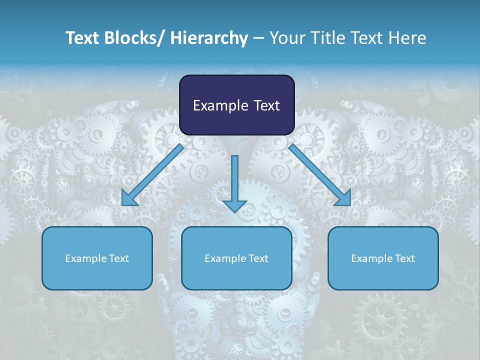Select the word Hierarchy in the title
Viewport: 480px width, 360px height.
(x=209, y=38)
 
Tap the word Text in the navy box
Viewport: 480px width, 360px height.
(x=265, y=106)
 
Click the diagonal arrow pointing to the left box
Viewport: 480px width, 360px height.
(x=152, y=175)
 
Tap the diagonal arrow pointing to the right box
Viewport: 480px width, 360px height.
(x=320, y=175)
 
